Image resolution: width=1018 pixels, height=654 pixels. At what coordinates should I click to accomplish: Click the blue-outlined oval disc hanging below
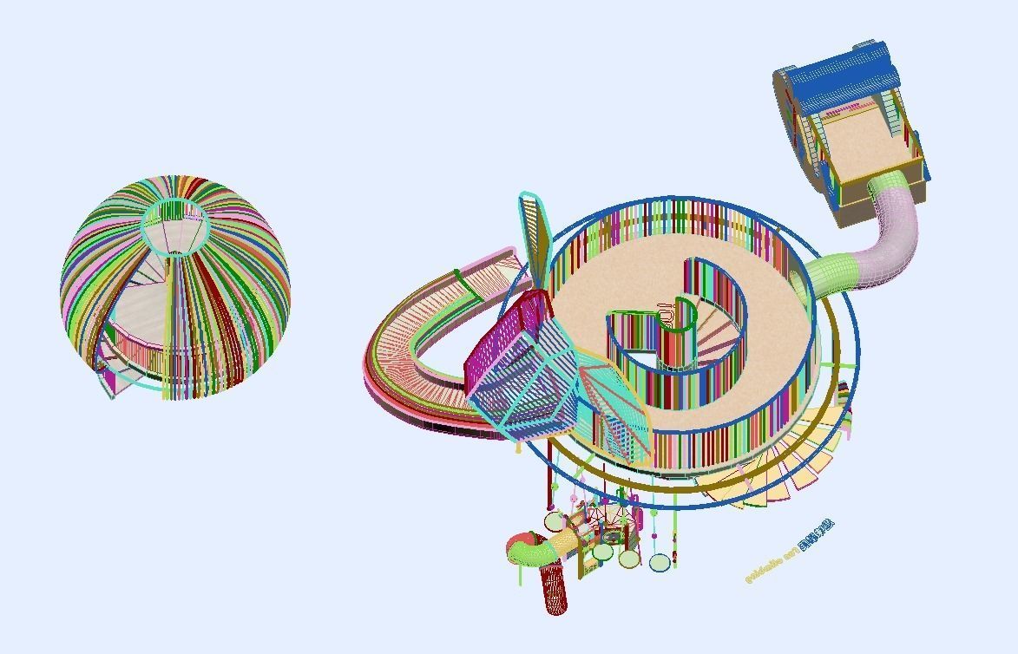(x=660, y=563)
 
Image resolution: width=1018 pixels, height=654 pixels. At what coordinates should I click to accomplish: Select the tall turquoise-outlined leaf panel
(x=535, y=230)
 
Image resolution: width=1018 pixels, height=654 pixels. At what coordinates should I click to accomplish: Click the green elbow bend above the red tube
(x=527, y=549)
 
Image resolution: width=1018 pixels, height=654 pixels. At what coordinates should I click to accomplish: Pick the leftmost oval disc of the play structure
(x=555, y=521)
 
